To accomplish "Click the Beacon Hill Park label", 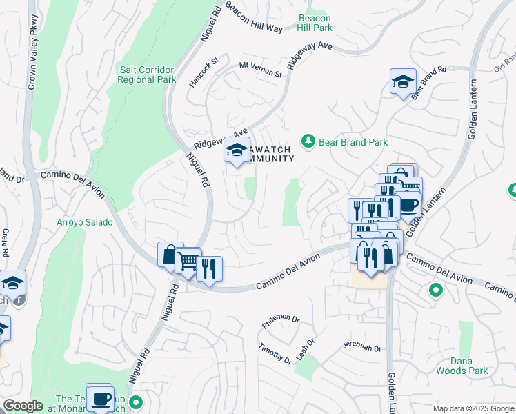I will (x=315, y=23).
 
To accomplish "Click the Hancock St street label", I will (x=204, y=72).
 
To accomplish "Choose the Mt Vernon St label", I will (x=261, y=69).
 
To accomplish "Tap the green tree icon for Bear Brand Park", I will (x=308, y=141).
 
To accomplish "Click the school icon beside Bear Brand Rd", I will (x=403, y=81).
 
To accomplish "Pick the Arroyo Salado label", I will (x=83, y=223).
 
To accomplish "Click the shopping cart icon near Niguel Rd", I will (x=187, y=260).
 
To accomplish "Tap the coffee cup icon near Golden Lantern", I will (x=408, y=205).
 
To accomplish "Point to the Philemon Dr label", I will (x=280, y=321).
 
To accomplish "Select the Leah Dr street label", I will (x=306, y=350).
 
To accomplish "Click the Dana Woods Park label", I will (x=462, y=365).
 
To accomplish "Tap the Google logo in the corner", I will (x=23, y=406).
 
